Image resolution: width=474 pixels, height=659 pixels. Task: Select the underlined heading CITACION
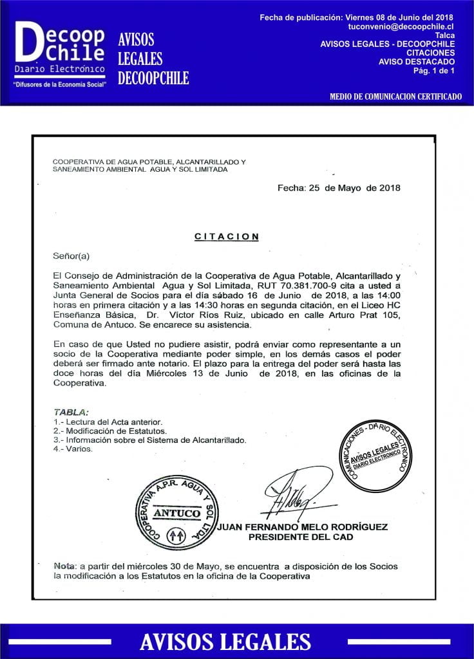tap(227, 237)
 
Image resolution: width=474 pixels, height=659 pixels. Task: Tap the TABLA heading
tap(71, 412)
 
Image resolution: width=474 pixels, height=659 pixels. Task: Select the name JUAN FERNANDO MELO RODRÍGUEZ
tap(302, 527)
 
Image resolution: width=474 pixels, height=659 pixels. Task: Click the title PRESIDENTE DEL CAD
tap(301, 537)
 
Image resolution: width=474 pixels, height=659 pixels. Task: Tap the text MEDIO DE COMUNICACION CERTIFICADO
tap(395, 97)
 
